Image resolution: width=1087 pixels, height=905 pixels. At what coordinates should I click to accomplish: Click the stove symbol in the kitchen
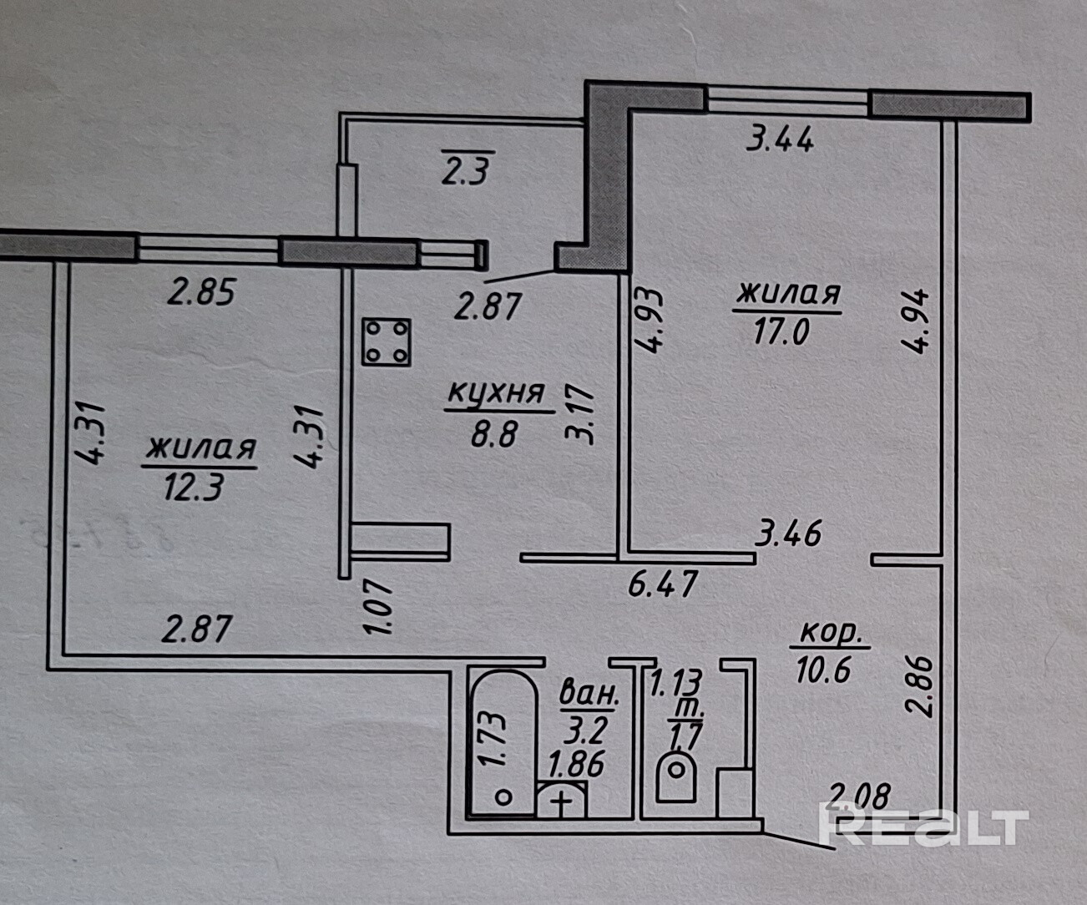point(387,342)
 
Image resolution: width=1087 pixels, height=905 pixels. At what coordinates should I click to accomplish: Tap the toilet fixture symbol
point(676,777)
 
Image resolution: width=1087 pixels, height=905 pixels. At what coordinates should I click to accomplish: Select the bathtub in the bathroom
point(500,743)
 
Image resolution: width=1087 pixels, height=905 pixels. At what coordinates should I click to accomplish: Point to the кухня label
point(496,393)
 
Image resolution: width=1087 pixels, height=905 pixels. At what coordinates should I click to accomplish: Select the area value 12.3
point(194,487)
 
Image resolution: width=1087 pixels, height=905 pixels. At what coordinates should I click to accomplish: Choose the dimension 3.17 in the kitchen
point(581,414)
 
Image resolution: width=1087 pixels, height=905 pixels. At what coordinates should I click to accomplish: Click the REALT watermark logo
point(923,827)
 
